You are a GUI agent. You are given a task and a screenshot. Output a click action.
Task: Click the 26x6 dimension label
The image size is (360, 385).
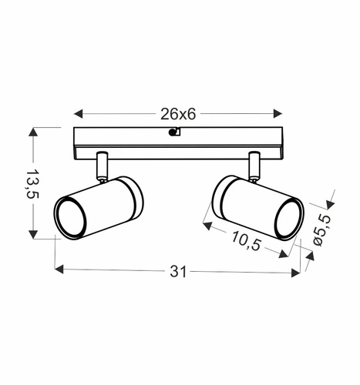coord(178,113)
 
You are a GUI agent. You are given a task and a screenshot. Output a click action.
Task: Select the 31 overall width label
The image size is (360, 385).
coord(178,271)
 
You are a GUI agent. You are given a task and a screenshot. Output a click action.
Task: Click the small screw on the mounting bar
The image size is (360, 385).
coord(175,132)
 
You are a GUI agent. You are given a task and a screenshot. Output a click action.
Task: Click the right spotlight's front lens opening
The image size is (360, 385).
coord(288,217)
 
